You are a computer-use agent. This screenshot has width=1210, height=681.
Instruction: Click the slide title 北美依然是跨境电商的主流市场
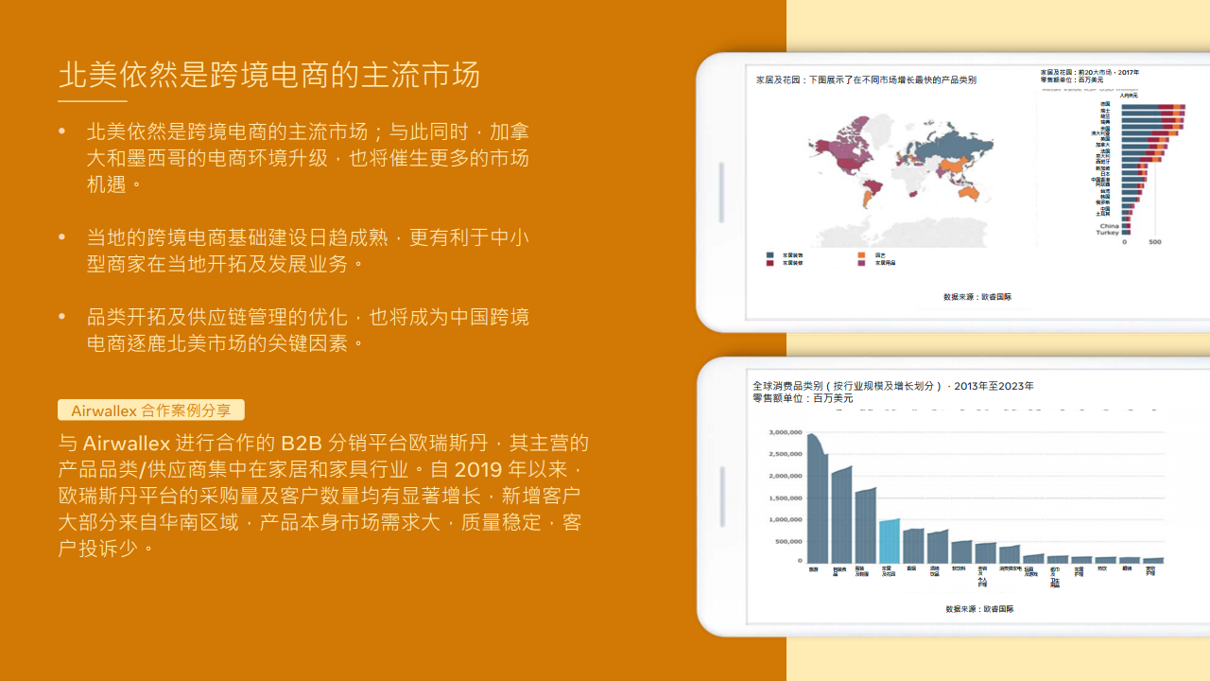pyautogui.click(x=269, y=75)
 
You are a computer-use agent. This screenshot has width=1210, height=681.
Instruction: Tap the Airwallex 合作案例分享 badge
pyautogui.click(x=151, y=410)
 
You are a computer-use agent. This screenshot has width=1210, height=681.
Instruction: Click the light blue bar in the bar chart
pyautogui.click(x=889, y=541)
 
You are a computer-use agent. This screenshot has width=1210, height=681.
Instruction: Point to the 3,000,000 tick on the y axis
pyautogui.click(x=786, y=432)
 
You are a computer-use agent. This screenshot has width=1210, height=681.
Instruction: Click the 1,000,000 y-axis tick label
pyautogui.click(x=786, y=519)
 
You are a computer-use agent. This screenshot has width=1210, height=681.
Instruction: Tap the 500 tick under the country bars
pyautogui.click(x=1154, y=242)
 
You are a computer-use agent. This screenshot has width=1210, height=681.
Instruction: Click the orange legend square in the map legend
pyautogui.click(x=862, y=254)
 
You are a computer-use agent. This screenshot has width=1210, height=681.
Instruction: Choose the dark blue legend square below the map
pyautogui.click(x=770, y=254)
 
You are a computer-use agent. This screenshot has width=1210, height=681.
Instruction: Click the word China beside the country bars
pyautogui.click(x=1109, y=226)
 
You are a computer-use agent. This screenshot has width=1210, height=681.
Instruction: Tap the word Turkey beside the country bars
pyautogui.click(x=1107, y=233)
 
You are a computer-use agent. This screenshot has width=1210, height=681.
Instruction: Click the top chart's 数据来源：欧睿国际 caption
pyautogui.click(x=977, y=297)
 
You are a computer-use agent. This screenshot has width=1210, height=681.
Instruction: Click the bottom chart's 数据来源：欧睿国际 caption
pyautogui.click(x=979, y=609)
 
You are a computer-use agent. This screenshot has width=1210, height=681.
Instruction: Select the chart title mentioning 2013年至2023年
pyautogui.click(x=892, y=386)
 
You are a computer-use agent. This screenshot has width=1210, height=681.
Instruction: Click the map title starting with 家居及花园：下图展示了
pyautogui.click(x=866, y=80)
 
